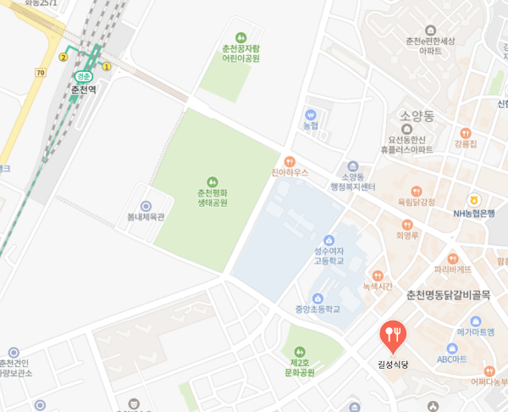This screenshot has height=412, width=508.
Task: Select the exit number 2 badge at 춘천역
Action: pos(63,57)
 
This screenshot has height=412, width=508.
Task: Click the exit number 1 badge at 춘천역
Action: pos(108,66)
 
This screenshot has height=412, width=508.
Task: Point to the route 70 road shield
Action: pos(40,74)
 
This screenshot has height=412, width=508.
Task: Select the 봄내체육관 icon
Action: pos(146,205)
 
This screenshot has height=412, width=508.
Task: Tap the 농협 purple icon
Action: pos(310,114)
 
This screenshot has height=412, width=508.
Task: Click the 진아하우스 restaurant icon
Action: pos(290,160)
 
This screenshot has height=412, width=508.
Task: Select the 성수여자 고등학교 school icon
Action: pos(329,240)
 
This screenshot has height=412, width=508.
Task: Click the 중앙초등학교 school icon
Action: pos(317,298)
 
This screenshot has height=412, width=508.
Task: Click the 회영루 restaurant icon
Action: pos(407,225)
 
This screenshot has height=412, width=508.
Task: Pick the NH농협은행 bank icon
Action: pos(473,200)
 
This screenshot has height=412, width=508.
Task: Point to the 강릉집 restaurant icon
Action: pos(466,132)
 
